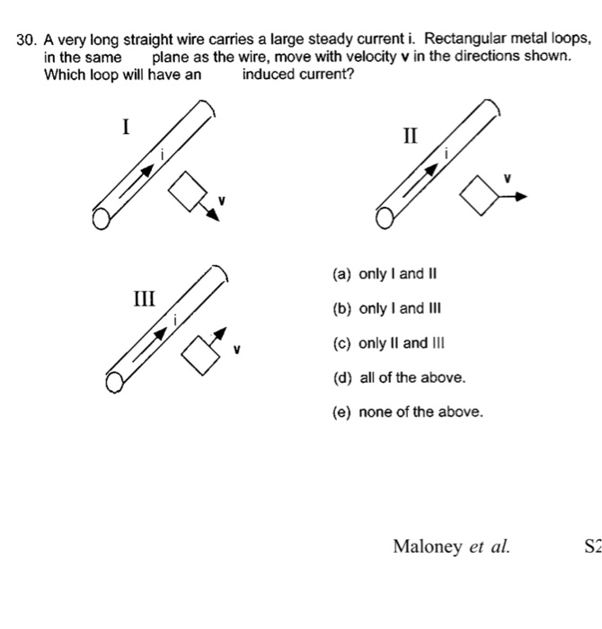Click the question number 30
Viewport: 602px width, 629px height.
(x=25, y=40)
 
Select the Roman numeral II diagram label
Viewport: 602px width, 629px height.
(x=410, y=136)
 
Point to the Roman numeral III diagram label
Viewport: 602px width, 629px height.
(x=144, y=297)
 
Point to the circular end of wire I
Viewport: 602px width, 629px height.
(x=102, y=218)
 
